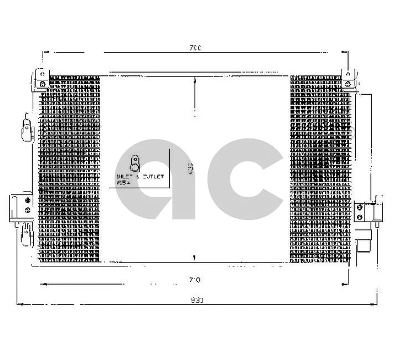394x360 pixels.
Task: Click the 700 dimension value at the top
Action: pyautogui.click(x=194, y=48)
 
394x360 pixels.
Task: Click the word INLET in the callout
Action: pyautogui.click(x=123, y=177)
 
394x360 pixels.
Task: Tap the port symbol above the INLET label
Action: pyautogui.click(x=134, y=164)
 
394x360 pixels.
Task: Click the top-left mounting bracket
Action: pyautogui.click(x=42, y=78)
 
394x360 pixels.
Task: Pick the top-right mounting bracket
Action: pyautogui.click(x=348, y=78)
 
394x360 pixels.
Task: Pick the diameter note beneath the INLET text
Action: pyautogui.click(x=122, y=183)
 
